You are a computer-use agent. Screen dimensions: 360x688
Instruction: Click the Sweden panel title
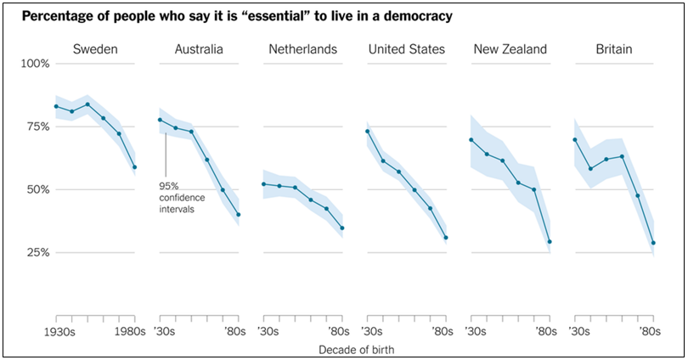pyautogui.click(x=95, y=49)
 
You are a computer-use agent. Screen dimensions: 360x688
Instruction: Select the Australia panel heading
pyautogui.click(x=199, y=49)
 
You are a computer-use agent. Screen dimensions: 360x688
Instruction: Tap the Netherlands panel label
pyautogui.click(x=303, y=49)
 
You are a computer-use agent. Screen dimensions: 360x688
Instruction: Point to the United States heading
pyautogui.click(x=406, y=49)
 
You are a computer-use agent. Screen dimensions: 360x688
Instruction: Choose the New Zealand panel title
pyautogui.click(x=510, y=49)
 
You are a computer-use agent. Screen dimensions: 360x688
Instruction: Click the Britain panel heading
pyautogui.click(x=614, y=49)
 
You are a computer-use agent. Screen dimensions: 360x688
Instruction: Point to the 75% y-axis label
pyautogui.click(x=37, y=127)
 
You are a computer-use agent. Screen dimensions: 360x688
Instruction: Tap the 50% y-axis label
pyautogui.click(x=37, y=189)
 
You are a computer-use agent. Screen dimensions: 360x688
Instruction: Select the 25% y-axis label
pyautogui.click(x=37, y=252)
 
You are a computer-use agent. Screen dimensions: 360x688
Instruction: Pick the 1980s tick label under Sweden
pyautogui.click(x=133, y=330)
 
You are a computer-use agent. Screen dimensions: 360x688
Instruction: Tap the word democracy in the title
pyautogui.click(x=413, y=16)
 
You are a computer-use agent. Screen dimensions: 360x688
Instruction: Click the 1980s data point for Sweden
pyautogui.click(x=134, y=167)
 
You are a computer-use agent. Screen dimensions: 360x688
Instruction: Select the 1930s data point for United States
pyautogui.click(x=368, y=132)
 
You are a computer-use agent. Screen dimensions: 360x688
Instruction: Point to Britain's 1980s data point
pyautogui.click(x=653, y=243)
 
